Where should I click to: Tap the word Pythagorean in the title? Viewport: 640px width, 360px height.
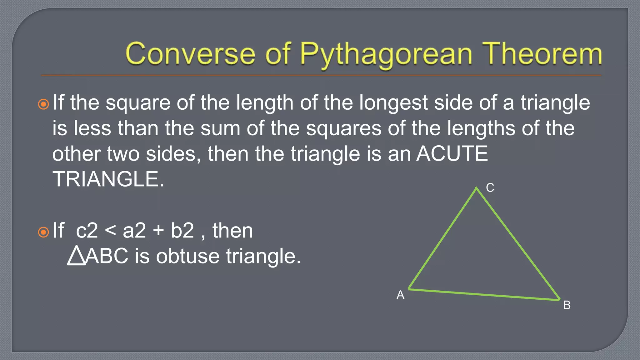point(386,55)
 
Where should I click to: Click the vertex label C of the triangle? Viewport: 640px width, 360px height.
point(490,188)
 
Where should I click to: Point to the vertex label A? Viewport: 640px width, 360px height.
point(400,295)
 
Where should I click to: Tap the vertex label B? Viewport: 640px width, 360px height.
point(567,305)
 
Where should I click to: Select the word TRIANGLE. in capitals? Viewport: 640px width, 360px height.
point(108,179)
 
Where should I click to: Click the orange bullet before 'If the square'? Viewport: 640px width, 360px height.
point(43,104)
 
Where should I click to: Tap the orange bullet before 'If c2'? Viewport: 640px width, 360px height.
point(43,232)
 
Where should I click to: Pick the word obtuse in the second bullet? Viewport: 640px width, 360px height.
point(188,256)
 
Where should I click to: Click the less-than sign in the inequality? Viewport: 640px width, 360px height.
point(110,231)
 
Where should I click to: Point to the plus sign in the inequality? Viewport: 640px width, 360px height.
point(158,231)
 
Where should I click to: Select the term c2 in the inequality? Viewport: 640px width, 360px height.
point(87,231)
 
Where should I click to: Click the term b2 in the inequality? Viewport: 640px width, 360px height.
point(182,231)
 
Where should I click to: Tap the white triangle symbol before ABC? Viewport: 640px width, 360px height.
point(76,256)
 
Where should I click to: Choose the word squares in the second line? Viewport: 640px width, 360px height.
point(343,128)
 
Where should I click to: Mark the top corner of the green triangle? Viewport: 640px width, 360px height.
point(476,188)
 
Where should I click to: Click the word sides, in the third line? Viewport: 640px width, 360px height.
point(173,154)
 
